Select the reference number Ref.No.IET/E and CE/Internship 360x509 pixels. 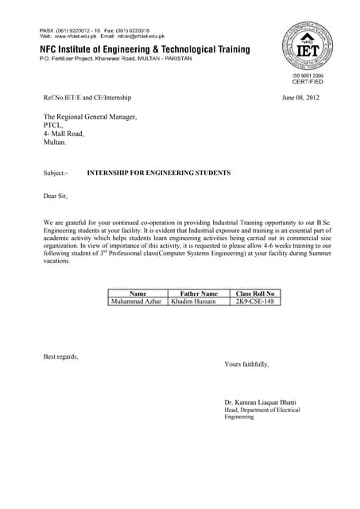(87, 98)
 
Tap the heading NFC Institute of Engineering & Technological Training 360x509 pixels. (145, 49)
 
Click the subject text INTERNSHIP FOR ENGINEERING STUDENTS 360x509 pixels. (158, 173)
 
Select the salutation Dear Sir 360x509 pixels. (56, 195)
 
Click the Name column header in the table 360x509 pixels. (137, 293)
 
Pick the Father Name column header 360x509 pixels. (199, 293)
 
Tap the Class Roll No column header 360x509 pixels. (254, 293)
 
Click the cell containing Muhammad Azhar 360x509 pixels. (137, 301)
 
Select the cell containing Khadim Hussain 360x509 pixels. (193, 301)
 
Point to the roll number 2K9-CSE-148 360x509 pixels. (254, 301)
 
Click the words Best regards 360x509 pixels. (61, 356)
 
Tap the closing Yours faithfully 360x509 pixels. (246, 364)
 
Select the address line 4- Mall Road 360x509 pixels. (64, 134)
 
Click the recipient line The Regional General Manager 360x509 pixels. (90, 117)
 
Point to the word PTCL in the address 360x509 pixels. (52, 125)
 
